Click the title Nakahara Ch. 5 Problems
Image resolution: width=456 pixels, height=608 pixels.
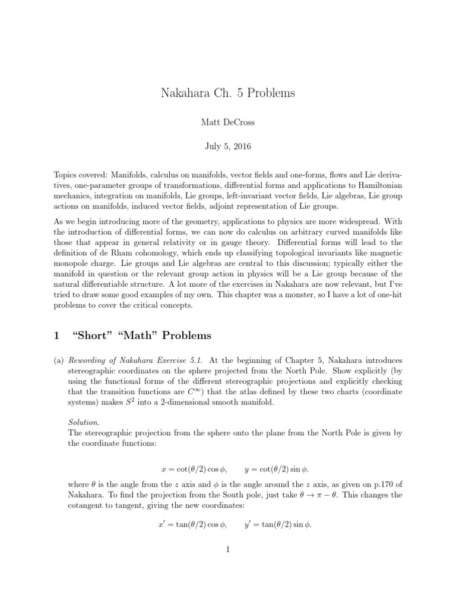click(x=227, y=93)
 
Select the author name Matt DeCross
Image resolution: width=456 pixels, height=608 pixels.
click(x=227, y=122)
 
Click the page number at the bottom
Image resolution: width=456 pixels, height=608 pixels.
click(x=227, y=550)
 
